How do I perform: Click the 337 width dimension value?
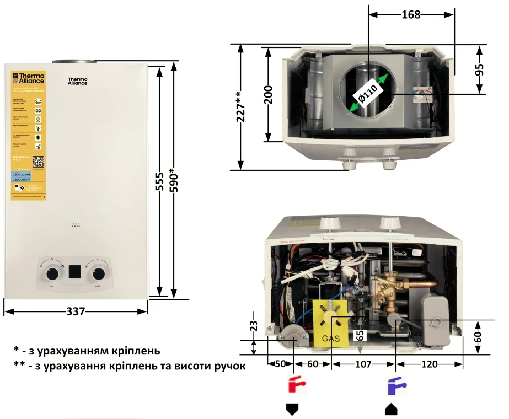click(76, 311)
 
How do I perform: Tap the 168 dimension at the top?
click(410, 15)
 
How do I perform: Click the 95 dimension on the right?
click(479, 69)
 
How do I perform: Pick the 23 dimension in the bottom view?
click(253, 327)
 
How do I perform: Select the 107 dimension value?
click(363, 364)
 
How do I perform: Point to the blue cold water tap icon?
click(394, 384)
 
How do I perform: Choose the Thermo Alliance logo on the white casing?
click(78, 80)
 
